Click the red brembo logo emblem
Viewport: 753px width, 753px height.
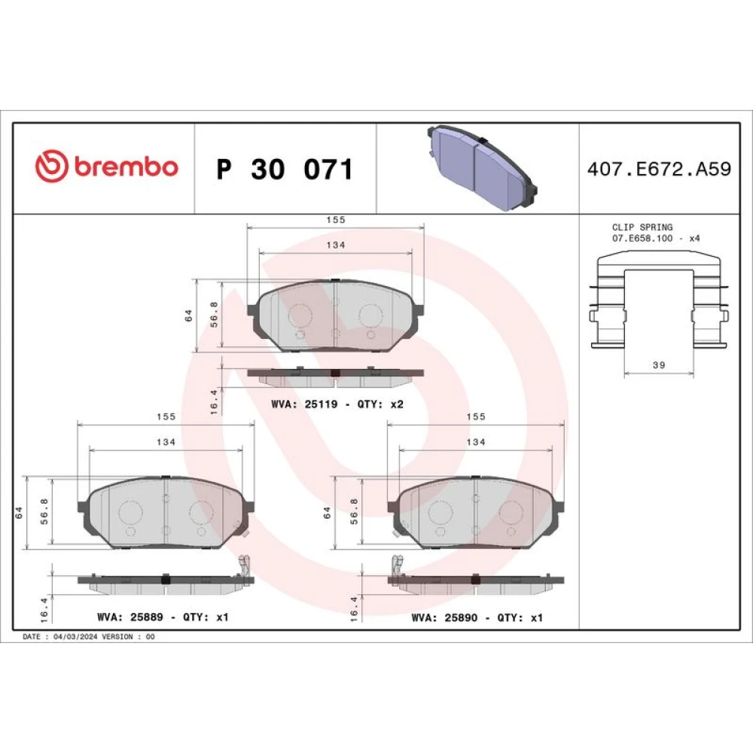pyautogui.click(x=51, y=166)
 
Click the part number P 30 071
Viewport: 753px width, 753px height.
pyautogui.click(x=285, y=169)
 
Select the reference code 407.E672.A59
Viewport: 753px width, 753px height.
pyautogui.click(x=659, y=169)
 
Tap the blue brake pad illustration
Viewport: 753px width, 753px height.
pyautogui.click(x=481, y=168)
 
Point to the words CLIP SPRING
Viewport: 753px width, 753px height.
pyautogui.click(x=642, y=227)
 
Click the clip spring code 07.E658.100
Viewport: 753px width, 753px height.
pyautogui.click(x=642, y=238)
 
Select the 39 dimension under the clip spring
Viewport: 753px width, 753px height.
pyautogui.click(x=659, y=365)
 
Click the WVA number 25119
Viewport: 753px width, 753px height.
pyautogui.click(x=322, y=404)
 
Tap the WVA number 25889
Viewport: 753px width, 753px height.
pyautogui.click(x=147, y=617)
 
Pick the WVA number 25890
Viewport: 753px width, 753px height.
pyautogui.click(x=461, y=617)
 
